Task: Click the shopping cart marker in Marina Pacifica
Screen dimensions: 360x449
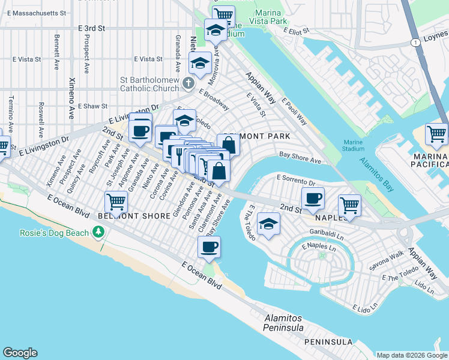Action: click(x=436, y=134)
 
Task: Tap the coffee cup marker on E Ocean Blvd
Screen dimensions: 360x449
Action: click(x=209, y=247)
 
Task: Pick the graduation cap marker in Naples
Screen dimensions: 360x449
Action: click(x=268, y=225)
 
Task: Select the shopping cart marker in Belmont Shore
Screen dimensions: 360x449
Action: click(x=115, y=202)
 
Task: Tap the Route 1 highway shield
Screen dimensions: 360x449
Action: click(x=414, y=42)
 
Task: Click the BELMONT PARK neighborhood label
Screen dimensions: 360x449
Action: click(x=256, y=136)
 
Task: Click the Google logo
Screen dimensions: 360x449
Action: click(x=20, y=353)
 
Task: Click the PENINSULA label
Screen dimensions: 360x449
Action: click(x=328, y=342)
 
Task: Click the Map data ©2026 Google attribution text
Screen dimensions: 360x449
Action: click(x=411, y=355)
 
